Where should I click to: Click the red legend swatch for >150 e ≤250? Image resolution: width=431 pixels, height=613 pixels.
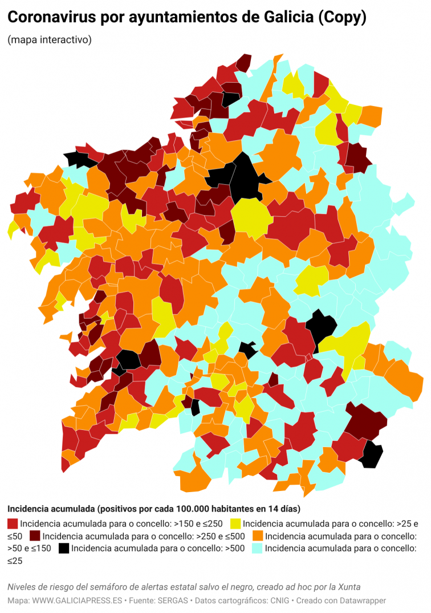(13, 523)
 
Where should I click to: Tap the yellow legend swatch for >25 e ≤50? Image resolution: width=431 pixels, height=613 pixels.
(235, 523)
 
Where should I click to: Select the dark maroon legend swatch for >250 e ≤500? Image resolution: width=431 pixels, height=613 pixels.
(35, 536)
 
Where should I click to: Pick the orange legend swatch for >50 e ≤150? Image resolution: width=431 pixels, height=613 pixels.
(258, 536)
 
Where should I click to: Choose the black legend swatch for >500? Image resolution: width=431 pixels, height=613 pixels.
(64, 549)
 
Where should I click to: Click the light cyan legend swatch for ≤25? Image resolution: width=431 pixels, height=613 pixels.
(258, 549)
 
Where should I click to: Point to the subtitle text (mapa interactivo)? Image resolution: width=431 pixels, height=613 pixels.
(50, 40)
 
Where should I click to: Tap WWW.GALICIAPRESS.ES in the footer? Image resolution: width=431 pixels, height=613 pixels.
(77, 600)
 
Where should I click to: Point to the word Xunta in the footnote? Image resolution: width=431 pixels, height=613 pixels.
(348, 587)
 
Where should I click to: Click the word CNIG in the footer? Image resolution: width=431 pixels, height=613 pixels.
(270, 600)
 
